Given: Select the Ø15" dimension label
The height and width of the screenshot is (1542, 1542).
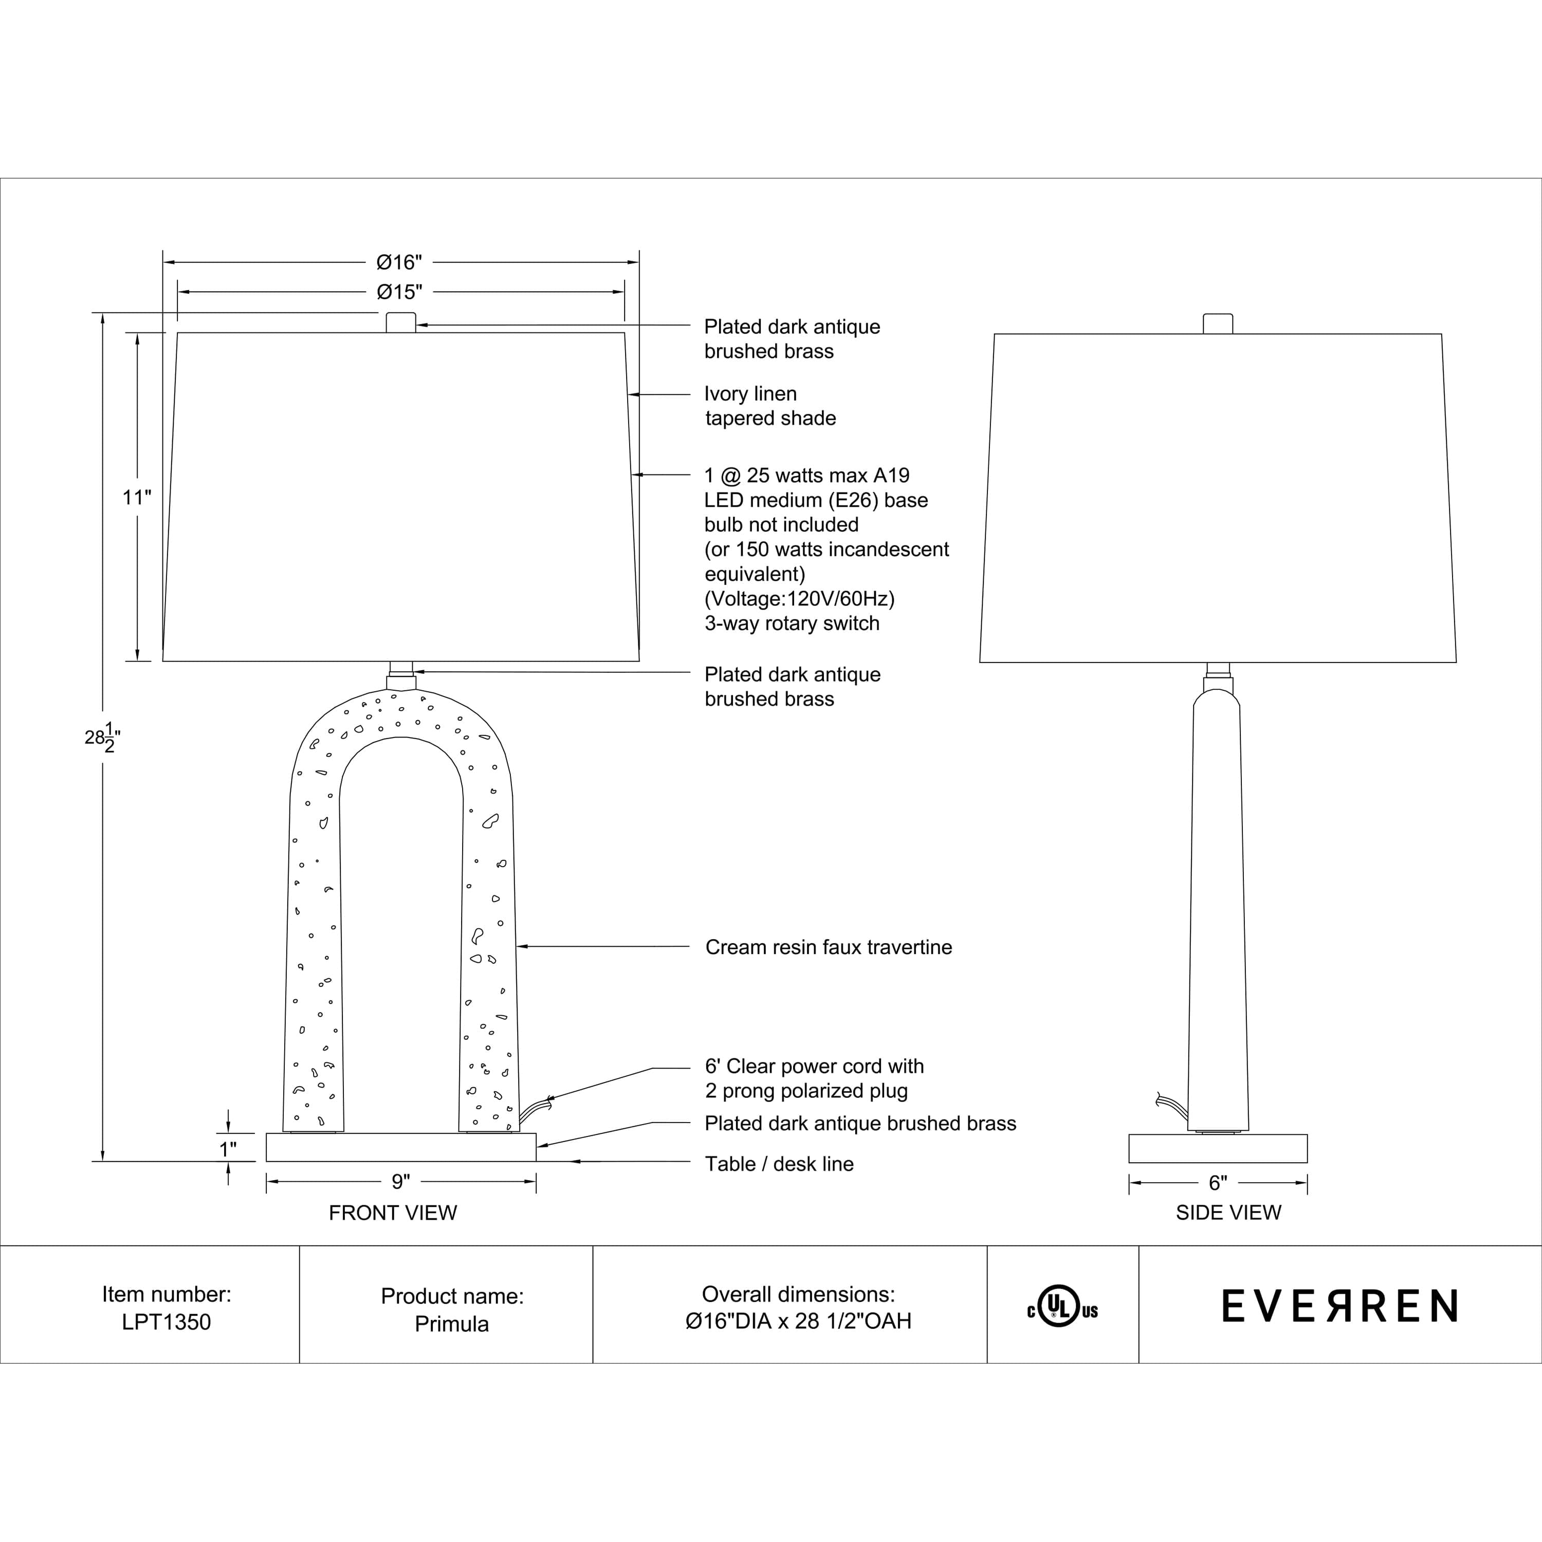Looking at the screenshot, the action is pyautogui.click(x=399, y=291).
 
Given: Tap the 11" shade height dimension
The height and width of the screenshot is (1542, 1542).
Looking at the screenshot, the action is pyautogui.click(x=137, y=497).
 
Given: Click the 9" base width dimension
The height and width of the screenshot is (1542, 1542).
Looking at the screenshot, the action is pyautogui.click(x=401, y=1181).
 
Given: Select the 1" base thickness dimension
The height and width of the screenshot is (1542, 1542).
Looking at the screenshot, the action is pyautogui.click(x=228, y=1149).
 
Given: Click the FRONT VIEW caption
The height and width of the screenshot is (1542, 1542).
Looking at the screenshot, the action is pyautogui.click(x=393, y=1213).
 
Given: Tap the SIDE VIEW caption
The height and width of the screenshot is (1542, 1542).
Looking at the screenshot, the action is pyautogui.click(x=1228, y=1213).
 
